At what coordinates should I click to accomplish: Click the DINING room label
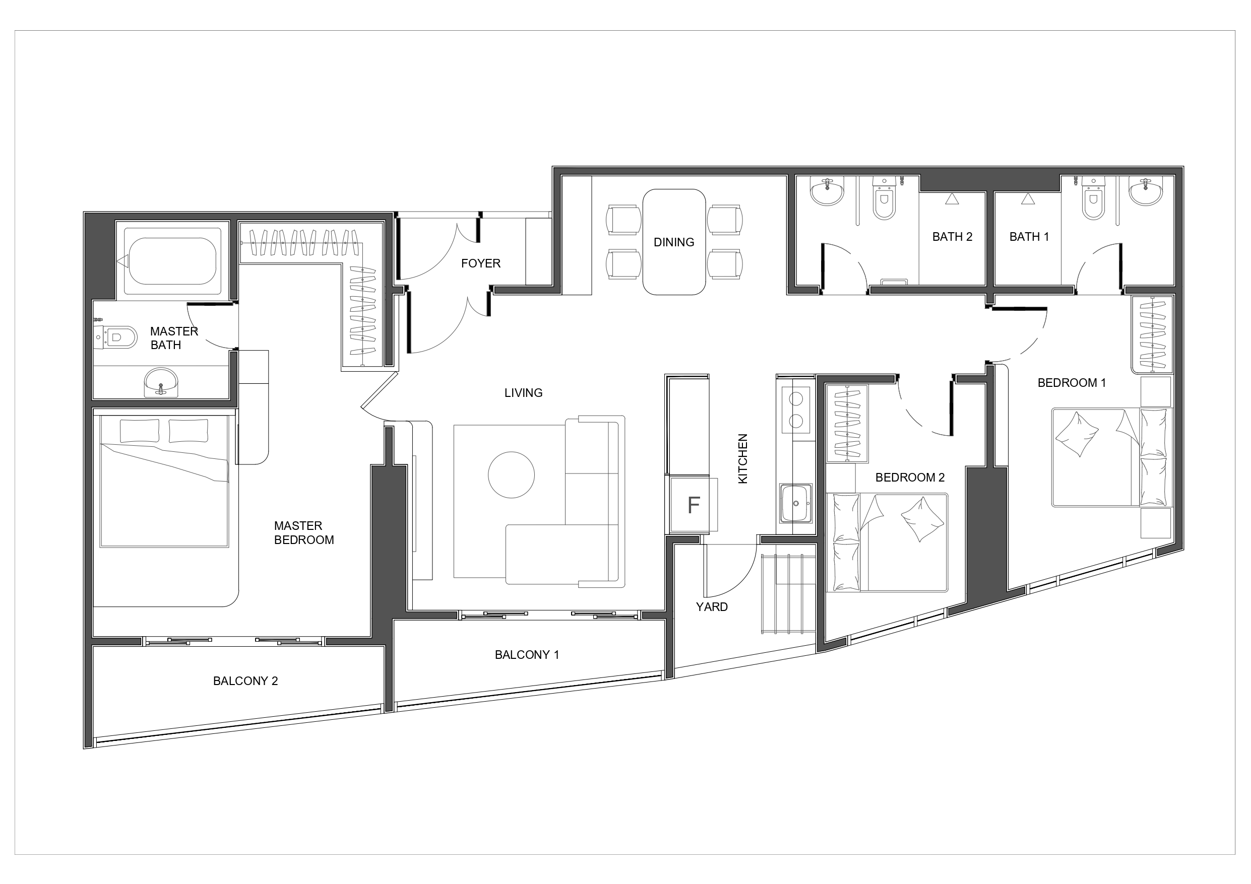pyautogui.click(x=674, y=242)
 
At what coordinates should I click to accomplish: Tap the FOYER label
pyautogui.click(x=480, y=263)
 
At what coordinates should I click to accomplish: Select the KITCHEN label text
pyautogui.click(x=742, y=458)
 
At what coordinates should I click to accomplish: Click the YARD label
pyautogui.click(x=712, y=607)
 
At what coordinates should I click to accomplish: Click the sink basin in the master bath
pyautogui.click(x=161, y=383)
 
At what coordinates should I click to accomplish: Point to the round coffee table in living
pyautogui.click(x=511, y=475)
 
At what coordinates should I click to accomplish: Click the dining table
pyautogui.click(x=674, y=242)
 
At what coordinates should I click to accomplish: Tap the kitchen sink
pyautogui.click(x=796, y=503)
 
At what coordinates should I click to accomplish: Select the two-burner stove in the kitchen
pyautogui.click(x=796, y=410)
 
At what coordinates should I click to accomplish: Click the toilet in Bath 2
pyautogui.click(x=884, y=198)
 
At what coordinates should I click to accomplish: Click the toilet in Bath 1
pyautogui.click(x=1093, y=198)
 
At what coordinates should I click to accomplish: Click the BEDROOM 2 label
pyautogui.click(x=910, y=478)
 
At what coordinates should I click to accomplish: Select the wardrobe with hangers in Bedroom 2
pyautogui.click(x=847, y=423)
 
